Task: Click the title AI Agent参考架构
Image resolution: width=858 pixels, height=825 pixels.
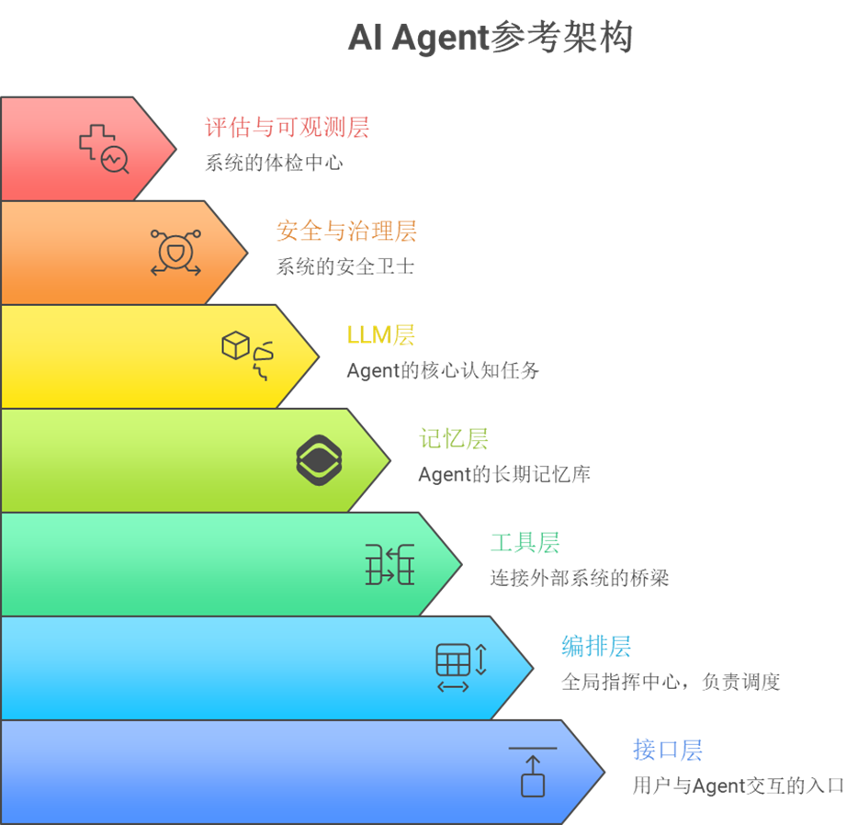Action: click(491, 39)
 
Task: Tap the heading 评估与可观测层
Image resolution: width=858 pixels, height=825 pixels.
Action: click(287, 128)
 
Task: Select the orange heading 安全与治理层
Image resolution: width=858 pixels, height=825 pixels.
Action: click(345, 232)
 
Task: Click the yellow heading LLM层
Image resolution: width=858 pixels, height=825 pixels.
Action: click(381, 335)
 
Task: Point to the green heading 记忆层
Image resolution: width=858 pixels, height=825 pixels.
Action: click(453, 439)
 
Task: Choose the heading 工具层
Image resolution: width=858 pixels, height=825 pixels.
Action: click(525, 543)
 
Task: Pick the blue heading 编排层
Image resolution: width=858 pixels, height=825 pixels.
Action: click(596, 647)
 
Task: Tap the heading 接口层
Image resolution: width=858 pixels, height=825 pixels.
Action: click(668, 751)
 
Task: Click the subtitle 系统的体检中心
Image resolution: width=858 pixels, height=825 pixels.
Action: click(274, 163)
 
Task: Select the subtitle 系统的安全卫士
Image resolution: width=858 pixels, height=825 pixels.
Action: click(345, 266)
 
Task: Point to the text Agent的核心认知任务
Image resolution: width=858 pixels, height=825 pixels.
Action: click(443, 370)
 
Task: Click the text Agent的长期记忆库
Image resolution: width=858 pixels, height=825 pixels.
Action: click(504, 474)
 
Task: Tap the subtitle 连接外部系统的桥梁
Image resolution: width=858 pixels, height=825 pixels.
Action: click(580, 578)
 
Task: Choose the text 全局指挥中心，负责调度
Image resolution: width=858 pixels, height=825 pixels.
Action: click(671, 682)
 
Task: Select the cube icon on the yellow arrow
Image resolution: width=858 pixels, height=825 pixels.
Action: click(236, 345)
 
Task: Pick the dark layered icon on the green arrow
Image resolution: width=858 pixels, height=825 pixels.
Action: click(319, 460)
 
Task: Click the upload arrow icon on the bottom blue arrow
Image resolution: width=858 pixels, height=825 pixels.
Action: click(533, 772)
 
